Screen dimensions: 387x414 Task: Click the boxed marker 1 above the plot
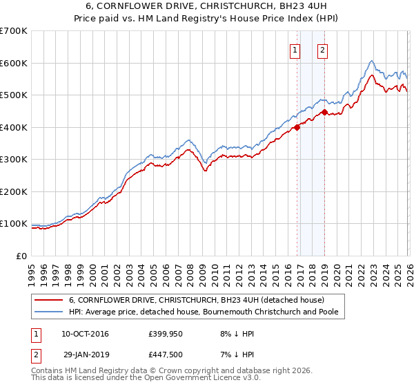[295, 49]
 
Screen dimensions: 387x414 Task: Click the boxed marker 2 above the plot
[322, 49]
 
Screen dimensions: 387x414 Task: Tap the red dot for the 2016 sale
[297, 127]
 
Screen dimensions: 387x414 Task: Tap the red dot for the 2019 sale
[324, 112]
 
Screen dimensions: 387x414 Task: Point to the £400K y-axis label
[14, 127]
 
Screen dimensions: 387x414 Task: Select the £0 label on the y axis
[21, 256]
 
